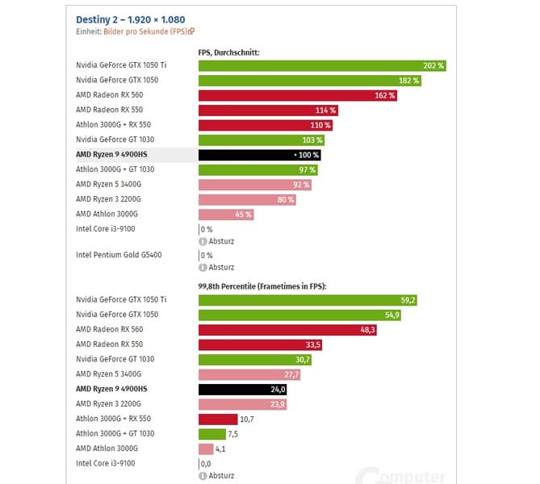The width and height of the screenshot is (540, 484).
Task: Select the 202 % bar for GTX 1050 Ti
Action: point(321,65)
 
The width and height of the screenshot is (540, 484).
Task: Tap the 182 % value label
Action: point(409,81)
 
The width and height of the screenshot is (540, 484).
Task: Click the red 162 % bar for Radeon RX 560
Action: point(297,95)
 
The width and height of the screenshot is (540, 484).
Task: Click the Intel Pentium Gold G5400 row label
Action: point(118,255)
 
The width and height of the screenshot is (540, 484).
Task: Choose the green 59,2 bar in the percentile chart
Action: point(308,300)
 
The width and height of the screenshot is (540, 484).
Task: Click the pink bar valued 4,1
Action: point(206,449)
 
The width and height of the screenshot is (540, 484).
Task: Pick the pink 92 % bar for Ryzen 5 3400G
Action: point(254,185)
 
